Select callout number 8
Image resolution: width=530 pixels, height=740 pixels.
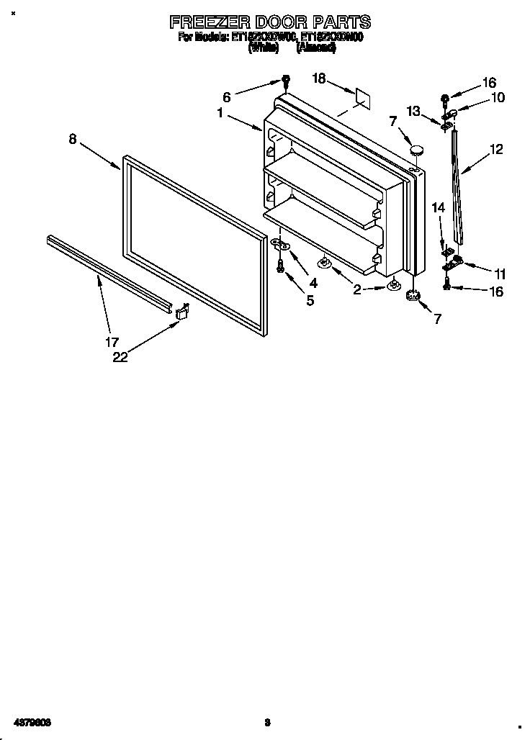click(x=73, y=139)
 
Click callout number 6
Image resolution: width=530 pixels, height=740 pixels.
click(x=227, y=96)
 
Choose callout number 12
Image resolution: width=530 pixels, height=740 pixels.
click(x=495, y=150)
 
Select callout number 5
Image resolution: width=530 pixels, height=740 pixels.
click(x=310, y=300)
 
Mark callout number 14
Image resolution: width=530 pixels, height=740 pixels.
click(x=438, y=207)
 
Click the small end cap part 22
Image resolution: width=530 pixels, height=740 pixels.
click(x=182, y=310)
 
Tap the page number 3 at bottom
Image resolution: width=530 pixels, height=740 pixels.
click(x=267, y=722)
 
